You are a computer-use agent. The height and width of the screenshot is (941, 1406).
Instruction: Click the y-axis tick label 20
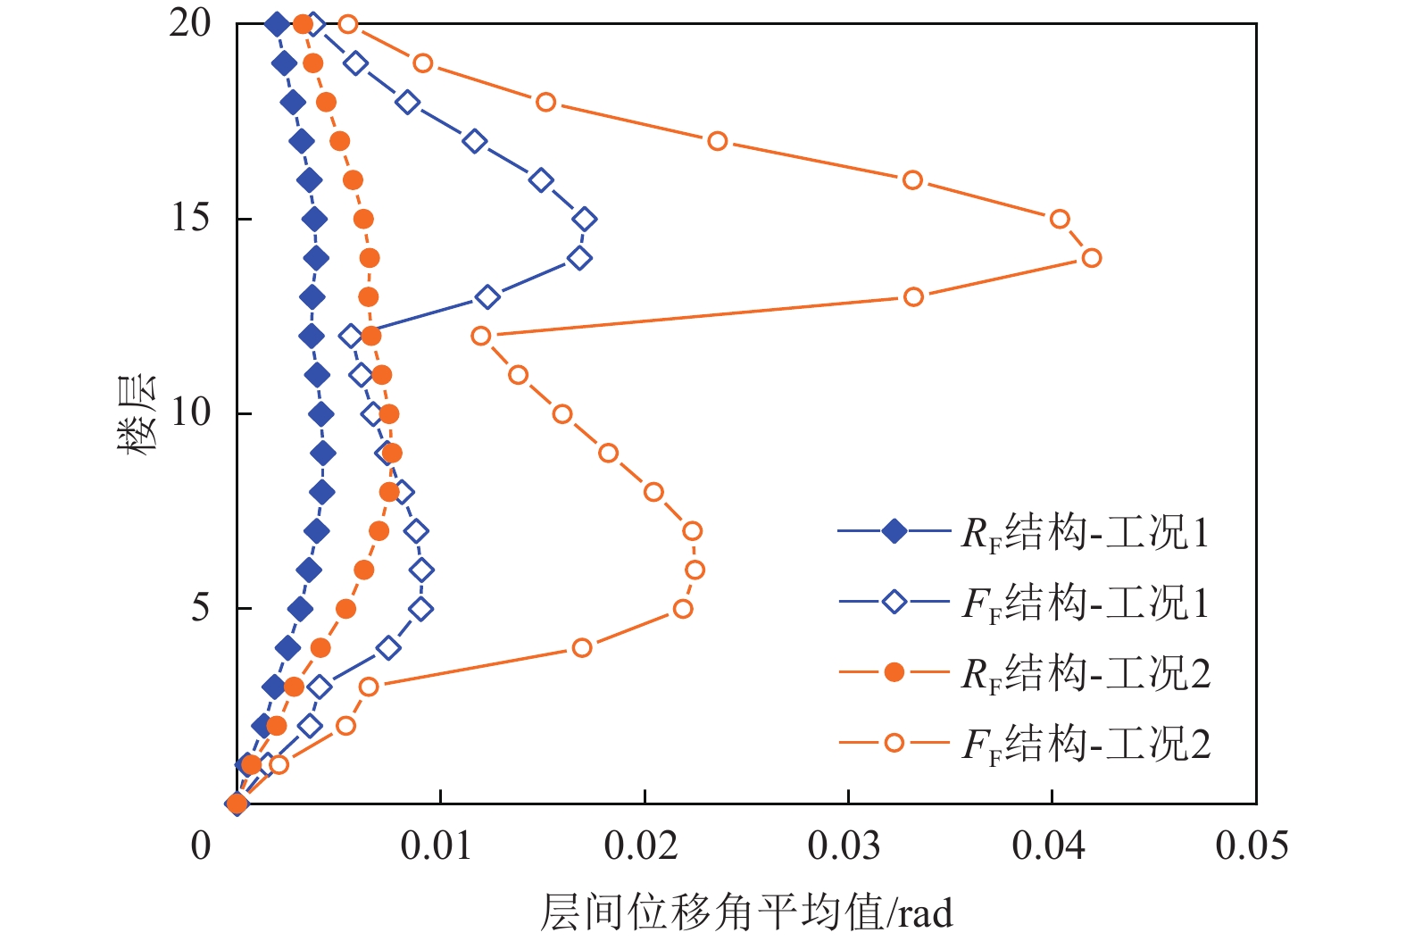(190, 23)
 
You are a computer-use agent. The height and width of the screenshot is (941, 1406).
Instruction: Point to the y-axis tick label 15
(190, 218)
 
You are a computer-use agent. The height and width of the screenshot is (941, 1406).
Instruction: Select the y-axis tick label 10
(190, 412)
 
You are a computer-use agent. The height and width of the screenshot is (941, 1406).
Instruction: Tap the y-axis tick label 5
(201, 608)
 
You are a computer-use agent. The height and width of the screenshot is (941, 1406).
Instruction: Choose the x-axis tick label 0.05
(1252, 845)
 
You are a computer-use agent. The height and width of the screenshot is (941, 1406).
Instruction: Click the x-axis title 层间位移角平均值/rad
(746, 912)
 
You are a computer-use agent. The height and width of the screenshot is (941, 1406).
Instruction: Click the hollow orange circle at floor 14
(1091, 258)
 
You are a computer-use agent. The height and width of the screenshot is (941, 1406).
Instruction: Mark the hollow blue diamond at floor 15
(585, 219)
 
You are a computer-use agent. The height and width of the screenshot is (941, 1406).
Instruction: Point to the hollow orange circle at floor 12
(481, 336)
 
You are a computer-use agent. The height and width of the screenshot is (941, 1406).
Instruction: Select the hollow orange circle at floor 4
(582, 647)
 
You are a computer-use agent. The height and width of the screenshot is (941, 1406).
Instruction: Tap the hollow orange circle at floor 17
(717, 141)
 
